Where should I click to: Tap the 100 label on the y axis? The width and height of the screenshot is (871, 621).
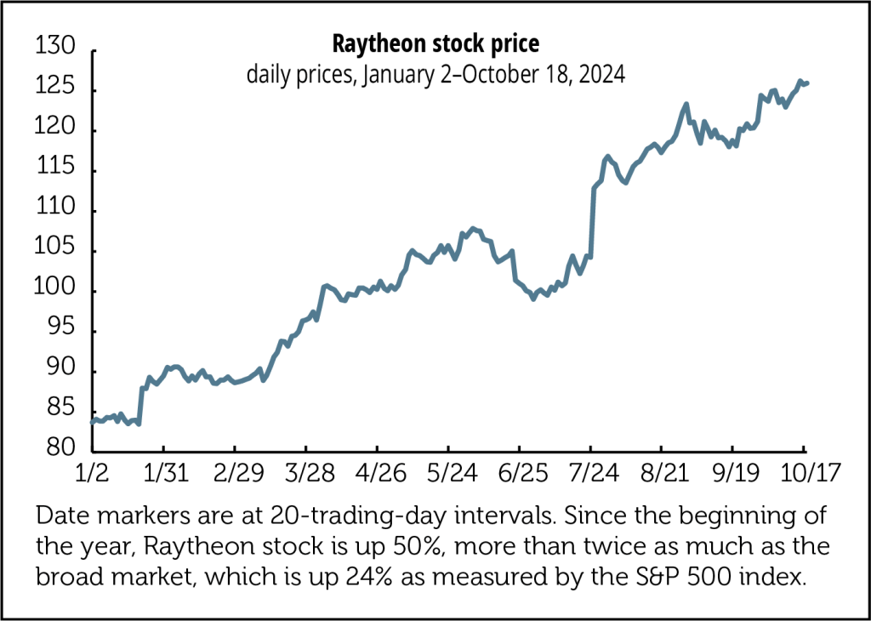(58, 291)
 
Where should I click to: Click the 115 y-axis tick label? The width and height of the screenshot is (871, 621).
(58, 170)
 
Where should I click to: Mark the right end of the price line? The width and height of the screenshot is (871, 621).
(807, 83)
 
